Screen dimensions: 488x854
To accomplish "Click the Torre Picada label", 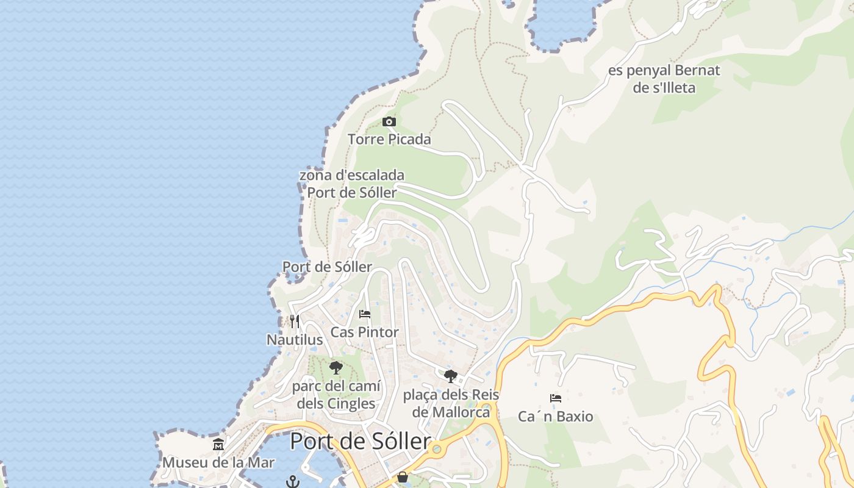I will coord(389,140).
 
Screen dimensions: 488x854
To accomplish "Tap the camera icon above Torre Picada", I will coord(389,122).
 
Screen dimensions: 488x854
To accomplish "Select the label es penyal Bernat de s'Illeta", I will coord(664,79).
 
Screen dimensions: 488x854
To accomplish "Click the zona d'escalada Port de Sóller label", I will coord(352,184).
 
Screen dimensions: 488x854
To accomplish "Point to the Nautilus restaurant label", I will coord(295,340).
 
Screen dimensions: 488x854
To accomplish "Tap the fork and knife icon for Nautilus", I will coord(295,321).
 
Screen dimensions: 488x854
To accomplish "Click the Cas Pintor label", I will coord(364,332).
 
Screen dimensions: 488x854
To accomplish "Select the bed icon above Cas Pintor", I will coord(365,314).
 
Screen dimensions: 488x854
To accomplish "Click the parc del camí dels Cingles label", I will coord(336,395).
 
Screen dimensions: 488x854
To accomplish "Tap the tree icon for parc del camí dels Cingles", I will coord(335,367).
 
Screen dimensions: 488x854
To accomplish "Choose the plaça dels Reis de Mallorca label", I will coord(451,403).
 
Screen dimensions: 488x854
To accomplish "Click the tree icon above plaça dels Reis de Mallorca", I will coord(451,376).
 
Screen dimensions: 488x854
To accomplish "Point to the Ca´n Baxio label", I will coord(555,417).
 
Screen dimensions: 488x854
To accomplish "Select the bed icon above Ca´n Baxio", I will coord(555,398).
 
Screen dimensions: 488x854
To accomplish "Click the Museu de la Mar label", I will coord(218,462).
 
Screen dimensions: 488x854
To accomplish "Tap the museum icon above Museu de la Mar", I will coord(218,444).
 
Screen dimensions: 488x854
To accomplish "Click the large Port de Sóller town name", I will coord(360,441).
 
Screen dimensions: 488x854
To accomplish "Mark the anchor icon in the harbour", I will coord(293,481).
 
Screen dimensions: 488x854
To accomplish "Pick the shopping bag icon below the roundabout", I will coord(403,477).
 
